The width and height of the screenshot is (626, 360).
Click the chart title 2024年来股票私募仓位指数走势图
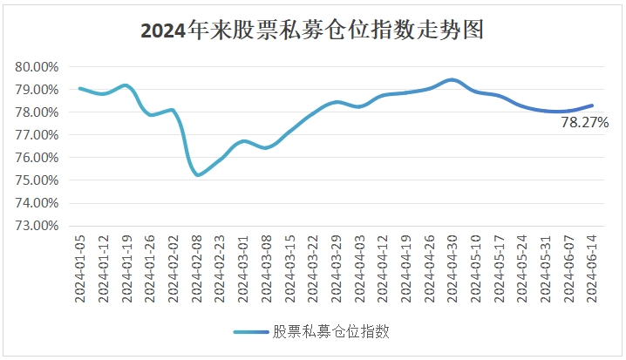(x=312, y=31)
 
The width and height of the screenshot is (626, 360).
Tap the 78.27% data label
(x=584, y=123)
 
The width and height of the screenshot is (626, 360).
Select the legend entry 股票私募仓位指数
(x=330, y=331)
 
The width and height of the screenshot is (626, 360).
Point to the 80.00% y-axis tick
(x=37, y=67)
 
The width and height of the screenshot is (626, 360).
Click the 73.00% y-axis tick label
(x=37, y=226)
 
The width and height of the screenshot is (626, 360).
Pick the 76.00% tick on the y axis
(x=37, y=158)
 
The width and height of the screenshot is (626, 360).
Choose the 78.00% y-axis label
(x=37, y=112)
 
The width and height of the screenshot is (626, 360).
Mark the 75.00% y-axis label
(x=37, y=180)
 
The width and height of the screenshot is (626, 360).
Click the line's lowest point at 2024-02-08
(x=198, y=175)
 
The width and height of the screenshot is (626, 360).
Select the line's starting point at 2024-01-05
(x=79, y=88)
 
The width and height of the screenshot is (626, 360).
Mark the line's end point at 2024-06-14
(x=592, y=105)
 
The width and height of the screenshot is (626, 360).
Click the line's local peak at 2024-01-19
(x=126, y=85)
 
